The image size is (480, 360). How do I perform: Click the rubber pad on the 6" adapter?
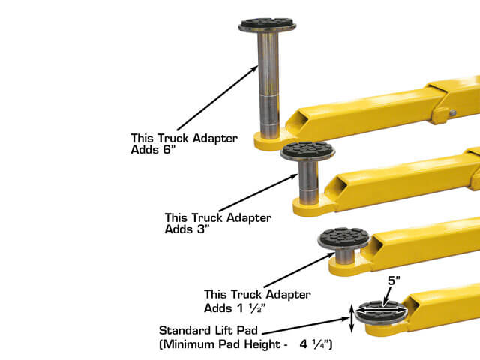267,24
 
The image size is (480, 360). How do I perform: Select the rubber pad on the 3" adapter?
307,149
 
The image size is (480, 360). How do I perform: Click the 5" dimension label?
394,281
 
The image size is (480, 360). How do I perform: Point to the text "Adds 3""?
188,229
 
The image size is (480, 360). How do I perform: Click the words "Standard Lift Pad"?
202,330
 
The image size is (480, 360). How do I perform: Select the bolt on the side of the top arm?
454,112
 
